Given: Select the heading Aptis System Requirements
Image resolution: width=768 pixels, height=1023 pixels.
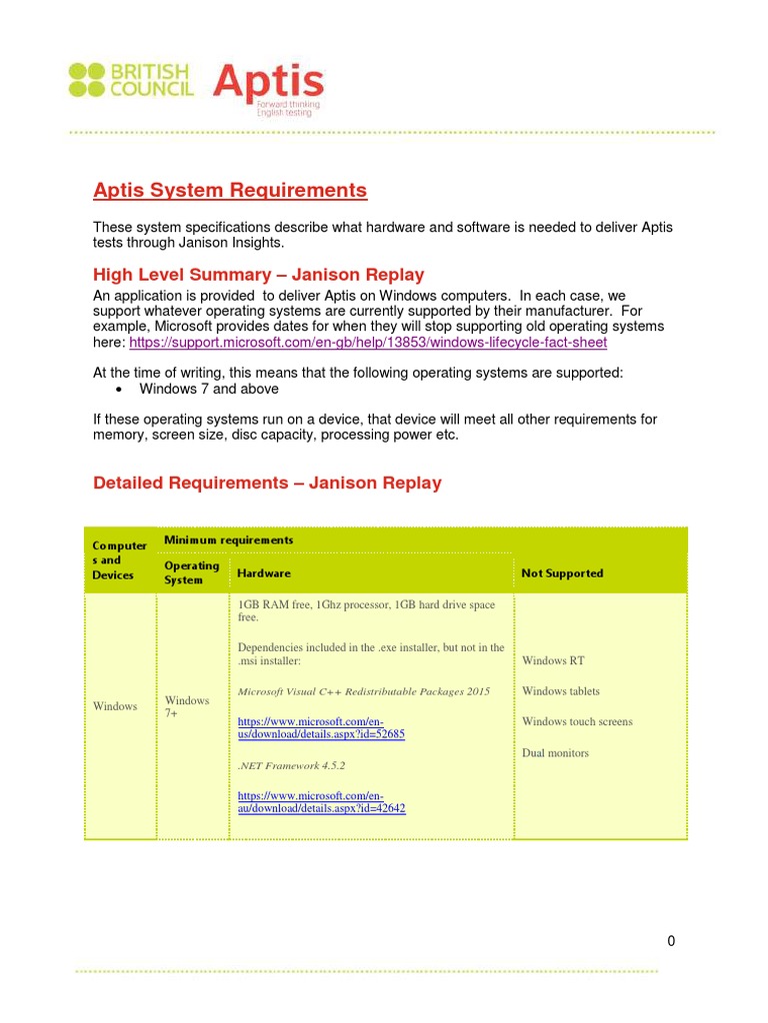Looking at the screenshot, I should (x=230, y=190).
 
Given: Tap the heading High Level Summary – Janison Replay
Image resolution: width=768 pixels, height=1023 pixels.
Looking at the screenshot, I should (x=258, y=275).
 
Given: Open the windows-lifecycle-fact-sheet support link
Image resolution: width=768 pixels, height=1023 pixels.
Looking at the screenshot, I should (x=367, y=343).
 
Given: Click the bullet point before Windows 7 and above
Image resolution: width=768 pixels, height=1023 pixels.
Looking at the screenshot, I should (x=119, y=389).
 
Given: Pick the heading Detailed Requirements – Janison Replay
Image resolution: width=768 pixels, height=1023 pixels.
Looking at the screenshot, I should (x=267, y=483).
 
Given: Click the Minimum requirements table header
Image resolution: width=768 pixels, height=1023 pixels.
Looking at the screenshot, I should (x=229, y=540).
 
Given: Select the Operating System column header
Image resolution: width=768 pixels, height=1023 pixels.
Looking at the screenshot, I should (x=191, y=572).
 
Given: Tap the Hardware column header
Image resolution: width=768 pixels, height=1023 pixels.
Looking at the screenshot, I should (x=264, y=573).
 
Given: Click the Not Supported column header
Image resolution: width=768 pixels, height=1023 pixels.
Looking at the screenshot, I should (x=562, y=573).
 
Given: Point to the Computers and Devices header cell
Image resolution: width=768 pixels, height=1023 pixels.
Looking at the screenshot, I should (x=119, y=560).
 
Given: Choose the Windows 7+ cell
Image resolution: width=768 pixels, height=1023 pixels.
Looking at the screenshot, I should (x=187, y=706).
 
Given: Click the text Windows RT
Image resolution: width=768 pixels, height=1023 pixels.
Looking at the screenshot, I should (x=553, y=660).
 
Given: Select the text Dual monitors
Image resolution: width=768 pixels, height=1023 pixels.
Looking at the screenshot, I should (x=555, y=753).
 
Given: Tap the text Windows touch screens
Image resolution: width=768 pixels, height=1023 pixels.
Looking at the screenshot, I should (x=577, y=722).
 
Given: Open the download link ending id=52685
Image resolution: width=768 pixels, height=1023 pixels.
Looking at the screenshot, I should (x=320, y=727).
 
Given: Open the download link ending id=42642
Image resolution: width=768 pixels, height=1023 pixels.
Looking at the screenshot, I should (x=320, y=801).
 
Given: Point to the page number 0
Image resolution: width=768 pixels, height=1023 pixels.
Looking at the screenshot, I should (x=671, y=940).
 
